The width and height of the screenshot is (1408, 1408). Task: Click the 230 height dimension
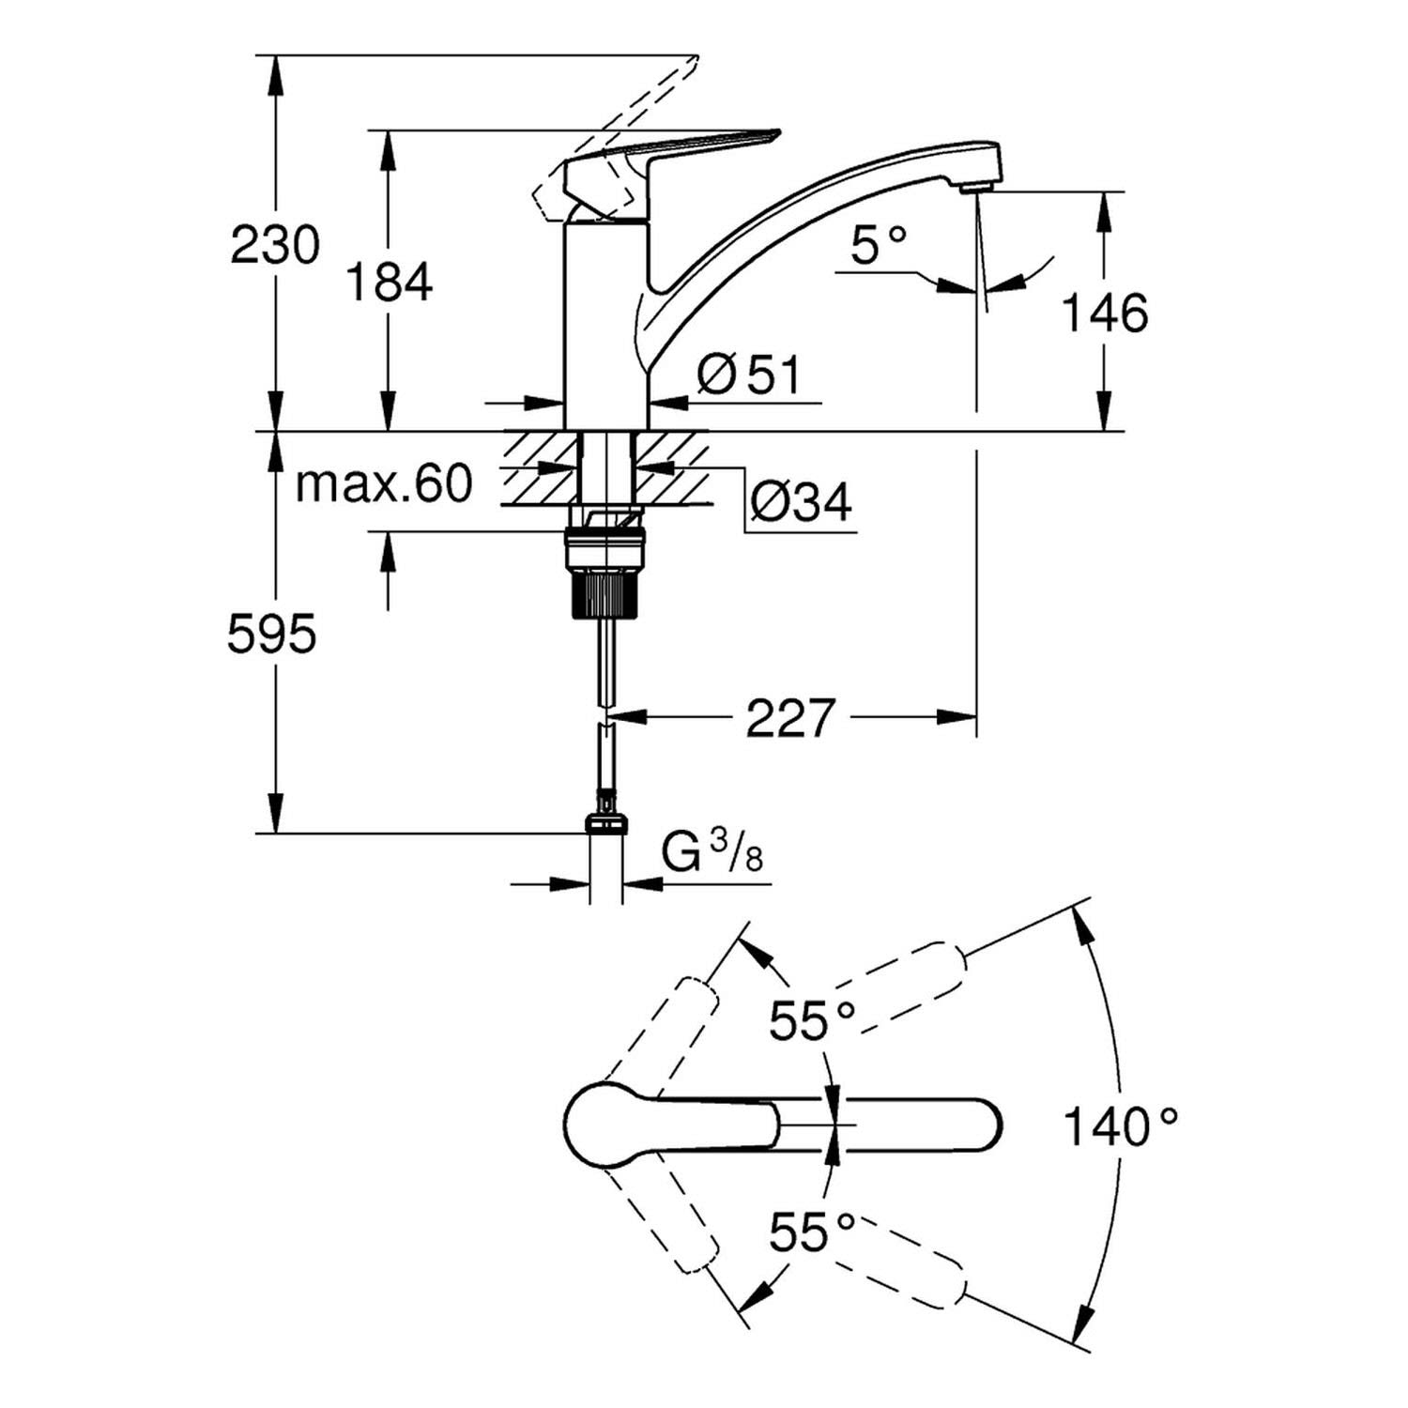point(275,246)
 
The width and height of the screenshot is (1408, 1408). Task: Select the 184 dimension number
point(390,282)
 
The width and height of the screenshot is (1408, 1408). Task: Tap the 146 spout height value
point(1104,313)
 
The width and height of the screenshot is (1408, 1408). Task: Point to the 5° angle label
point(879,246)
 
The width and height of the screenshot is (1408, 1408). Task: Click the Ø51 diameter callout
point(750,375)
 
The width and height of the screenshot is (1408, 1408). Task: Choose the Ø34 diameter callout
point(801,503)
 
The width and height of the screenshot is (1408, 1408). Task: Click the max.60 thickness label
point(384,484)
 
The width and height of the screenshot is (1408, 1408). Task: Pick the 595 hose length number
point(272,635)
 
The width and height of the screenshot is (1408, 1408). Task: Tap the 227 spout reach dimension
point(789,719)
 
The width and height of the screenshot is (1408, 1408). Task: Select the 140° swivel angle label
point(1120,1125)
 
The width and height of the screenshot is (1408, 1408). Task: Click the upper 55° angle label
point(813,1021)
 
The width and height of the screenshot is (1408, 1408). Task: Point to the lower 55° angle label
point(813,1232)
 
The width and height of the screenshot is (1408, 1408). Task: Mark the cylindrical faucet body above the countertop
point(605,324)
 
